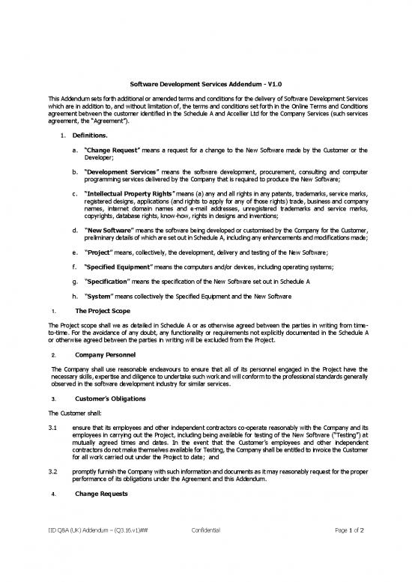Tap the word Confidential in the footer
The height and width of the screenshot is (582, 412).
click(x=205, y=551)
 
